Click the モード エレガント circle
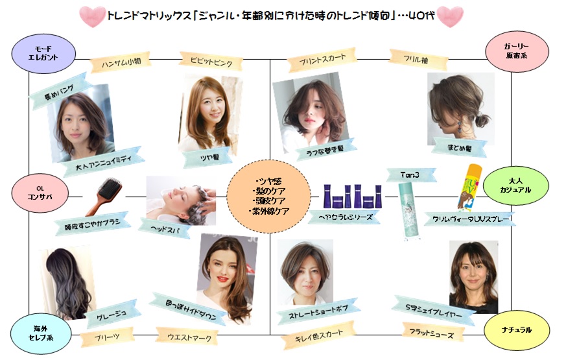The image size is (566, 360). click(44, 52)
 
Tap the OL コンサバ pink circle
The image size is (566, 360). click(36, 191)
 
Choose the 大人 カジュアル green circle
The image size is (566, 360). click(520, 185)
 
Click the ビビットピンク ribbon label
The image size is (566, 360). click(207, 62)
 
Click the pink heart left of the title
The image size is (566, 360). click(93, 17)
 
